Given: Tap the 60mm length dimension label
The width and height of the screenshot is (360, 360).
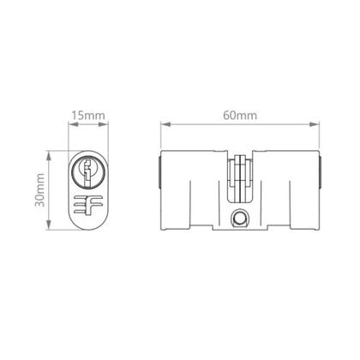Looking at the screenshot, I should point(242,113).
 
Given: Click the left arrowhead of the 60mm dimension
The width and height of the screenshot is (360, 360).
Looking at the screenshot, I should point(163,125).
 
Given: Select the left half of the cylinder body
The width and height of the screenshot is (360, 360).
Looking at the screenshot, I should point(193,193).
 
